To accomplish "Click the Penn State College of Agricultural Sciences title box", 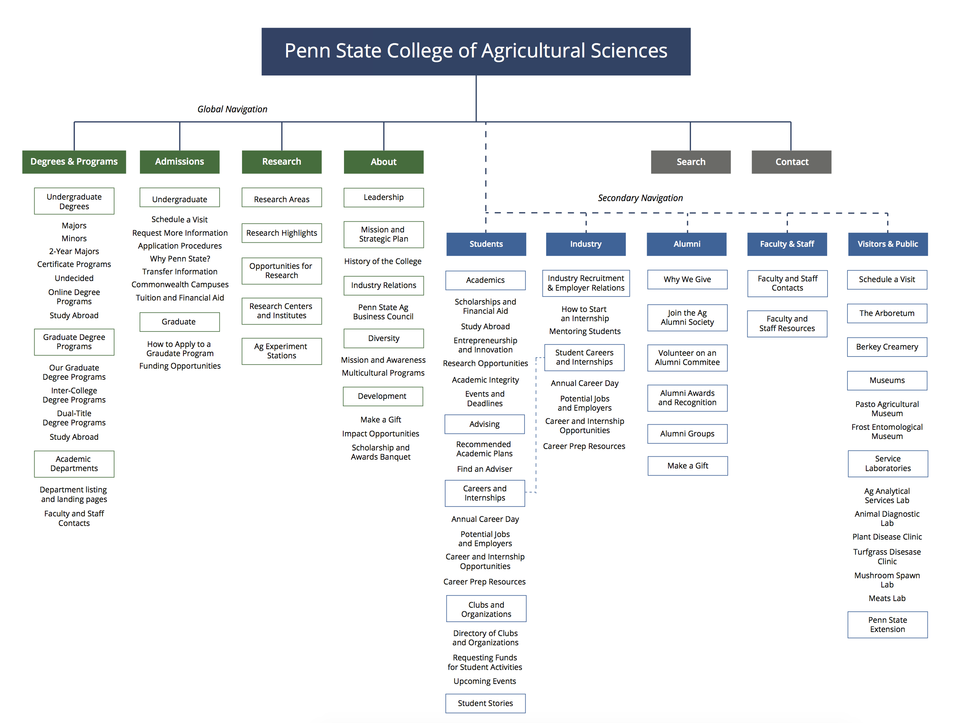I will coord(476,51).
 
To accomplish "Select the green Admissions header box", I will coord(180,162).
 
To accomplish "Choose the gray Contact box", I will coord(791,162).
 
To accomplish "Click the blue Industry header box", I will coord(586,244).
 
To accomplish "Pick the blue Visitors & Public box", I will coord(887,244).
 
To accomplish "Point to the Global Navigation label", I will coord(232,109).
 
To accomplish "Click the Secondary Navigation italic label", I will coord(640,198).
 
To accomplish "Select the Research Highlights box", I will coord(281,233).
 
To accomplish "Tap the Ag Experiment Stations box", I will coord(281,351).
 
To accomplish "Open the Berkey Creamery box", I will coord(887,347).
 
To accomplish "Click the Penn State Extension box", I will coord(887,625).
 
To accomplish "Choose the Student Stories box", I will coord(485,703).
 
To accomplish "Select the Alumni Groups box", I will coord(687,434).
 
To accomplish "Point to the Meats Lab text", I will coord(887,598).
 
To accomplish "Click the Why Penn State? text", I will coord(180,259).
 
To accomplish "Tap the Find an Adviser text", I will coord(484,469).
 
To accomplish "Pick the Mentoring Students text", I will coord(584,331).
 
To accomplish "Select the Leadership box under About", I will coord(383,197).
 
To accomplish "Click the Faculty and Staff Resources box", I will coord(787,324).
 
